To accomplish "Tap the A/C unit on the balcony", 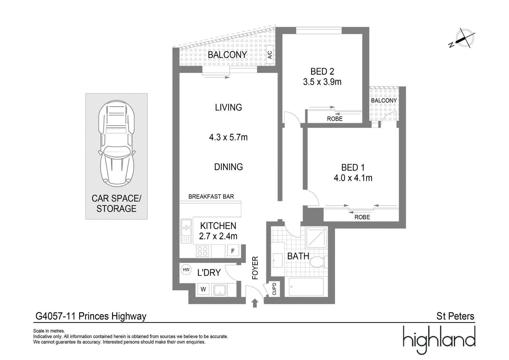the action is [269, 55].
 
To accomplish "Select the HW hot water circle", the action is [186, 270].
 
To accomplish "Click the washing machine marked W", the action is [203, 289].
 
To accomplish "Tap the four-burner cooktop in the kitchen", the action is [202, 251].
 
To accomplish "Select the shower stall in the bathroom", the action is [317, 238].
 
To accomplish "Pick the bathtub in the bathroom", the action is [306, 287].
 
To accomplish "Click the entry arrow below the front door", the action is [255, 303].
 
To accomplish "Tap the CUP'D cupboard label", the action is [274, 289].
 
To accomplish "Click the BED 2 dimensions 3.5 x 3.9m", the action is [322, 82].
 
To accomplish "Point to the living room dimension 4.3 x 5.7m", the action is [228, 138].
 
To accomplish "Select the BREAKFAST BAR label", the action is [211, 197].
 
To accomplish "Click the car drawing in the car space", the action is [116, 144].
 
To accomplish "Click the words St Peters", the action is [455, 316].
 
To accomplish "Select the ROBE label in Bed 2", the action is [335, 119].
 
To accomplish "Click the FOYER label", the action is [255, 268].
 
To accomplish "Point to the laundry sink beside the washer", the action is [220, 290].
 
